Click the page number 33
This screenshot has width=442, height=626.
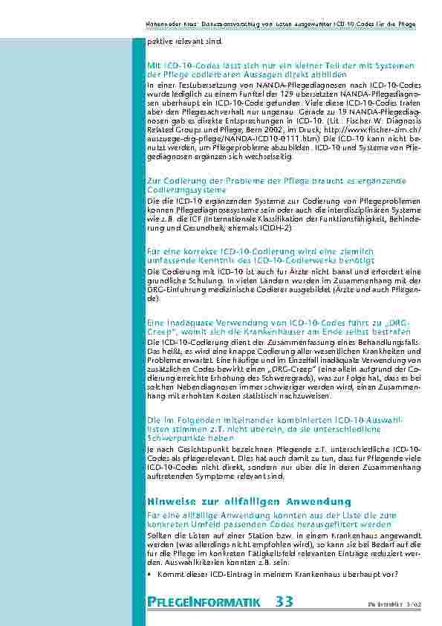[x=283, y=601]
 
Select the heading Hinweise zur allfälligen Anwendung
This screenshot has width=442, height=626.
[x=249, y=502]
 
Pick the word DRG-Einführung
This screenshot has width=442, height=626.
[x=175, y=289]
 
